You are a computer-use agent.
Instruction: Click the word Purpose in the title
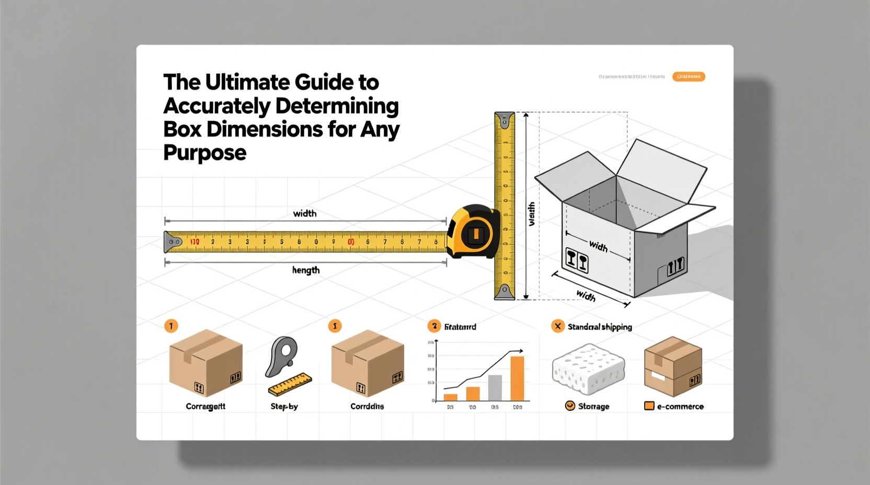pos(204,153)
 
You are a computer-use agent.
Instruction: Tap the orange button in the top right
pos(688,77)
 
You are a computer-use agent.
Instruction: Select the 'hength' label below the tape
pos(305,270)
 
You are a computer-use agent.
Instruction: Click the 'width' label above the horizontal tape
pos(304,213)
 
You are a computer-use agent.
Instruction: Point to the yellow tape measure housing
pos(473,232)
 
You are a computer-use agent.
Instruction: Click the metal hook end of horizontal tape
pos(173,242)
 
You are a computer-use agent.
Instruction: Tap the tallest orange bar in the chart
pos(517,378)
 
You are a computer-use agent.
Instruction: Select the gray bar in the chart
pos(495,388)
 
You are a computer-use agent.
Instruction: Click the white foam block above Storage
pos(588,368)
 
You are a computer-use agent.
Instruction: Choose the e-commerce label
pos(680,406)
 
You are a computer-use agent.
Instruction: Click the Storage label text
pos(593,406)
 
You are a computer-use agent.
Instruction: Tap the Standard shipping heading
pos(600,327)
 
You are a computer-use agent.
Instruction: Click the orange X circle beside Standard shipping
pos(558,326)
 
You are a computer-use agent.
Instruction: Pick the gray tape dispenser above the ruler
pos(282,355)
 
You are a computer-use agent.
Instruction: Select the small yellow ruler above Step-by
pos(290,384)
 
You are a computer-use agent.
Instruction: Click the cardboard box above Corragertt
pos(206,363)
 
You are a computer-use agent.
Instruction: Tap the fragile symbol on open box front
pos(577,260)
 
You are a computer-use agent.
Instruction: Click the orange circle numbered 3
pos(434,326)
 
